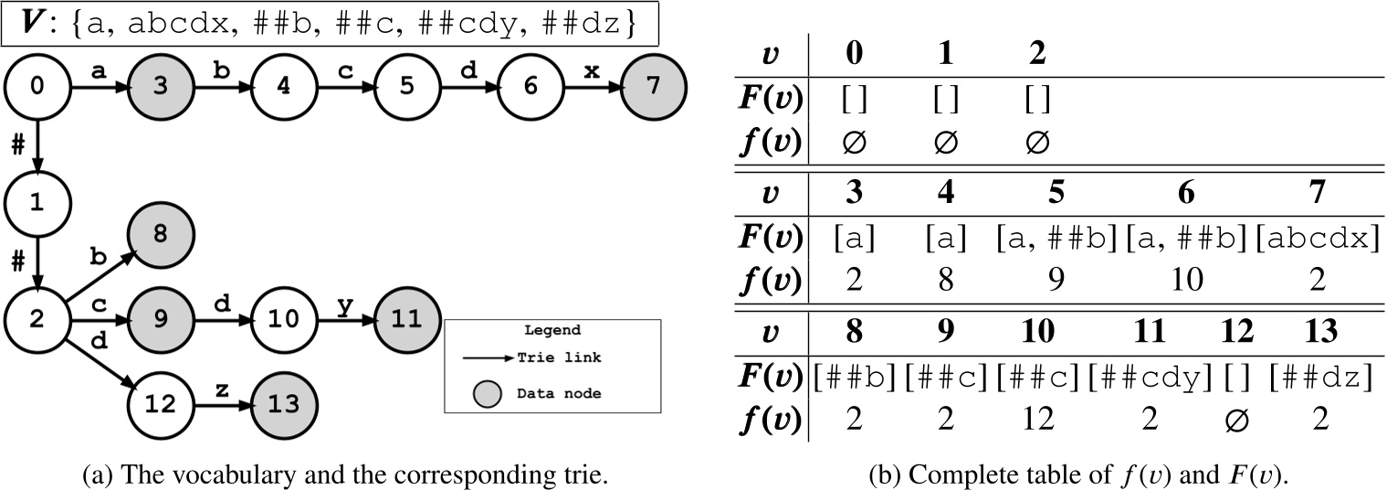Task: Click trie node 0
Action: [36, 88]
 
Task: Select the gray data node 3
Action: [160, 88]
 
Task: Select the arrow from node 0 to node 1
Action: [37, 145]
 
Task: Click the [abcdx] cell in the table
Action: [1317, 239]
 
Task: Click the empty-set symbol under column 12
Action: [1236, 420]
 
